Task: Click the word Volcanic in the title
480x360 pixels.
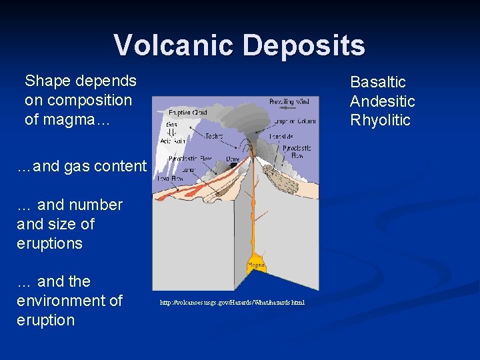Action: click(174, 45)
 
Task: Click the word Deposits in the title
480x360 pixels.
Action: click(304, 45)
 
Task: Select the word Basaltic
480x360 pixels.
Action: click(378, 82)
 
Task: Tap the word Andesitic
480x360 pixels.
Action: click(383, 101)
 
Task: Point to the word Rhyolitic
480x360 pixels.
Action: click(381, 121)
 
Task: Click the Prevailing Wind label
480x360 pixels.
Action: click(289, 102)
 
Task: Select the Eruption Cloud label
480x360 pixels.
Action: click(187, 113)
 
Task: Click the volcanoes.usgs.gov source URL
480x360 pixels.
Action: click(233, 303)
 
